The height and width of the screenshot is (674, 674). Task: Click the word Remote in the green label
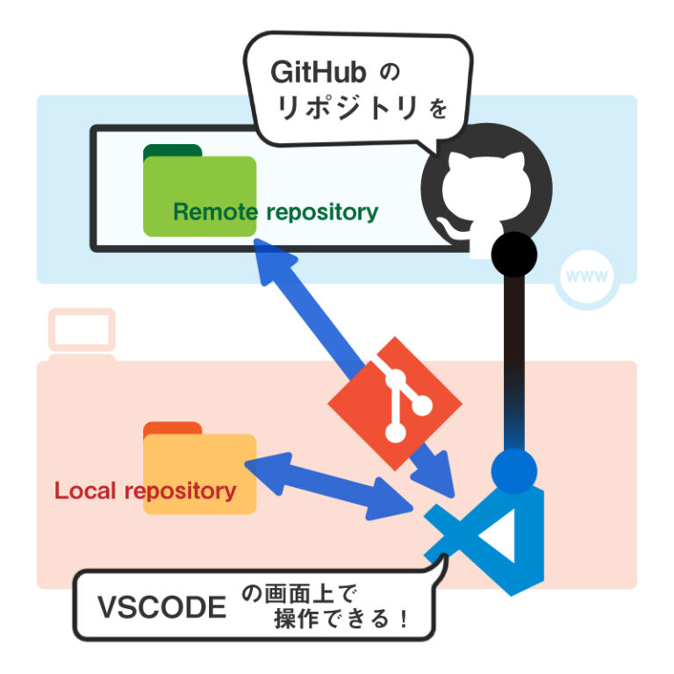coord(215,212)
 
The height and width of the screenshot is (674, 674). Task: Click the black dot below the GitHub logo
coord(513,255)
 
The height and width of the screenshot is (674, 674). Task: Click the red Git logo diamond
coord(395,401)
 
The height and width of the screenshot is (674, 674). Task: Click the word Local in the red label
coord(86,491)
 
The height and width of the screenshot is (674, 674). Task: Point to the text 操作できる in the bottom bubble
coord(330,620)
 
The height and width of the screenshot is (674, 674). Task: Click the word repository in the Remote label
coord(321,212)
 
